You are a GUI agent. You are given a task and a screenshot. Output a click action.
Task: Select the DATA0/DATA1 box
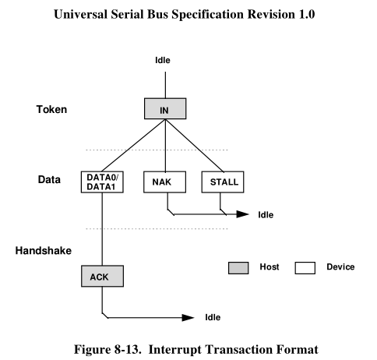pyautogui.click(x=101, y=182)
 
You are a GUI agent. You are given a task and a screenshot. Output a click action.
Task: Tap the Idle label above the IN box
pyautogui.click(x=164, y=59)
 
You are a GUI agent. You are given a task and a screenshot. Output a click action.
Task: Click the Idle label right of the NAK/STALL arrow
pyautogui.click(x=266, y=214)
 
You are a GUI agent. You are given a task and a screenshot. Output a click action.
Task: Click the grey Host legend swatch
pyautogui.click(x=238, y=267)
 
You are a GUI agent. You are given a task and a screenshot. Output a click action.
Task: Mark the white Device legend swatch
pyautogui.click(x=306, y=267)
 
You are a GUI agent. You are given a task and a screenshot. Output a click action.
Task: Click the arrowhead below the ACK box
pyautogui.click(x=188, y=318)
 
